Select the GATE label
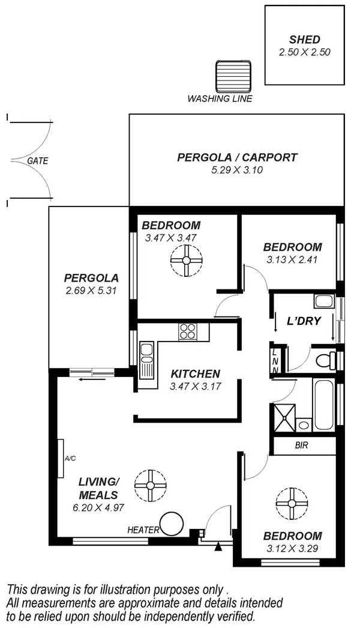point(37,161)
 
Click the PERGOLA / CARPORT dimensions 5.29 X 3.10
point(237,170)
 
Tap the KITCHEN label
point(195,373)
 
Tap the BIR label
point(302,446)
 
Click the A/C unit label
point(70,459)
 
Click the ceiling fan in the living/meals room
point(149,486)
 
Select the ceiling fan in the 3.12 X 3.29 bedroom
point(290,503)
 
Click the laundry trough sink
point(325,302)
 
